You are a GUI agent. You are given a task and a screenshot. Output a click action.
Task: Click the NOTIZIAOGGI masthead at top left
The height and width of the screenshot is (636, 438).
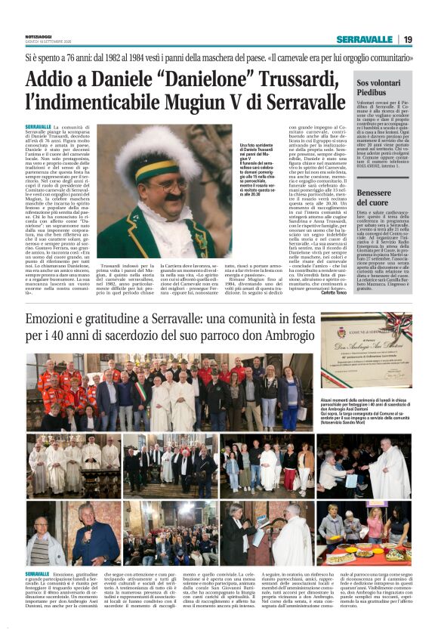41,36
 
